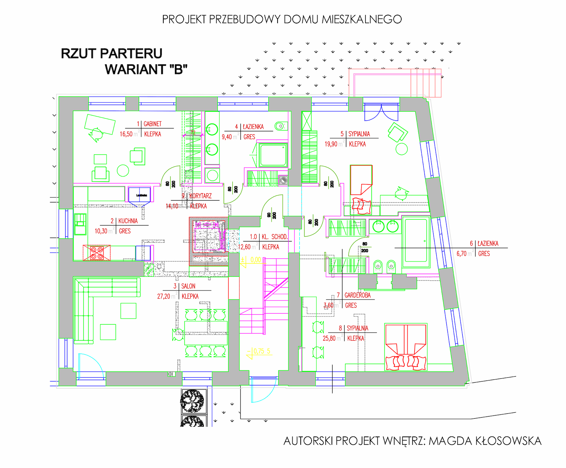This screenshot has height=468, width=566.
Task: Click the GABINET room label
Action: point(152,124)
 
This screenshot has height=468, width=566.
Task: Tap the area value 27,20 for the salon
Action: point(163,296)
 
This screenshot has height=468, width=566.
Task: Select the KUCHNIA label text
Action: point(128,221)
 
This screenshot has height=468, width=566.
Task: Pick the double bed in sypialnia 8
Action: point(406,347)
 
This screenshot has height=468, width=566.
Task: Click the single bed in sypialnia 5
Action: point(361,180)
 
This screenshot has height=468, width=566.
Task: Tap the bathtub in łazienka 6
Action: point(416,241)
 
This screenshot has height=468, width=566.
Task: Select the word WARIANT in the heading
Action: point(132,69)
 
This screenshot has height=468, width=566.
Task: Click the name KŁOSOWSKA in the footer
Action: point(508,441)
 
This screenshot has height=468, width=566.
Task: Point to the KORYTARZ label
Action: point(200,196)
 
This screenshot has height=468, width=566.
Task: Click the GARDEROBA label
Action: point(357,295)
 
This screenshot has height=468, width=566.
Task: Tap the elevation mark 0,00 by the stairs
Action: point(255,260)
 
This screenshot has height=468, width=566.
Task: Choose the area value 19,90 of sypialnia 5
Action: point(331,144)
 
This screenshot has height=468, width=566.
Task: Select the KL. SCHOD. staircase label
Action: point(274,237)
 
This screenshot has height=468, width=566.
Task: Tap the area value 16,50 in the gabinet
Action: point(126,134)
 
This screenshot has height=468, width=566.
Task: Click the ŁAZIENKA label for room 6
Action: point(488,244)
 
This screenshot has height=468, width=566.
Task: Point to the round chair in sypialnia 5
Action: point(402,149)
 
